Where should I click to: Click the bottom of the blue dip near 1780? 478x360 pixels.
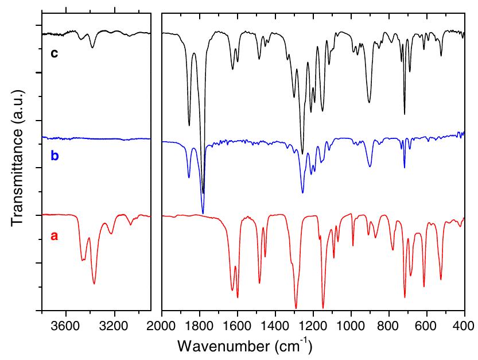coord(203,213)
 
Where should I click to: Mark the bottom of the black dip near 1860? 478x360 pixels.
coord(189,125)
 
